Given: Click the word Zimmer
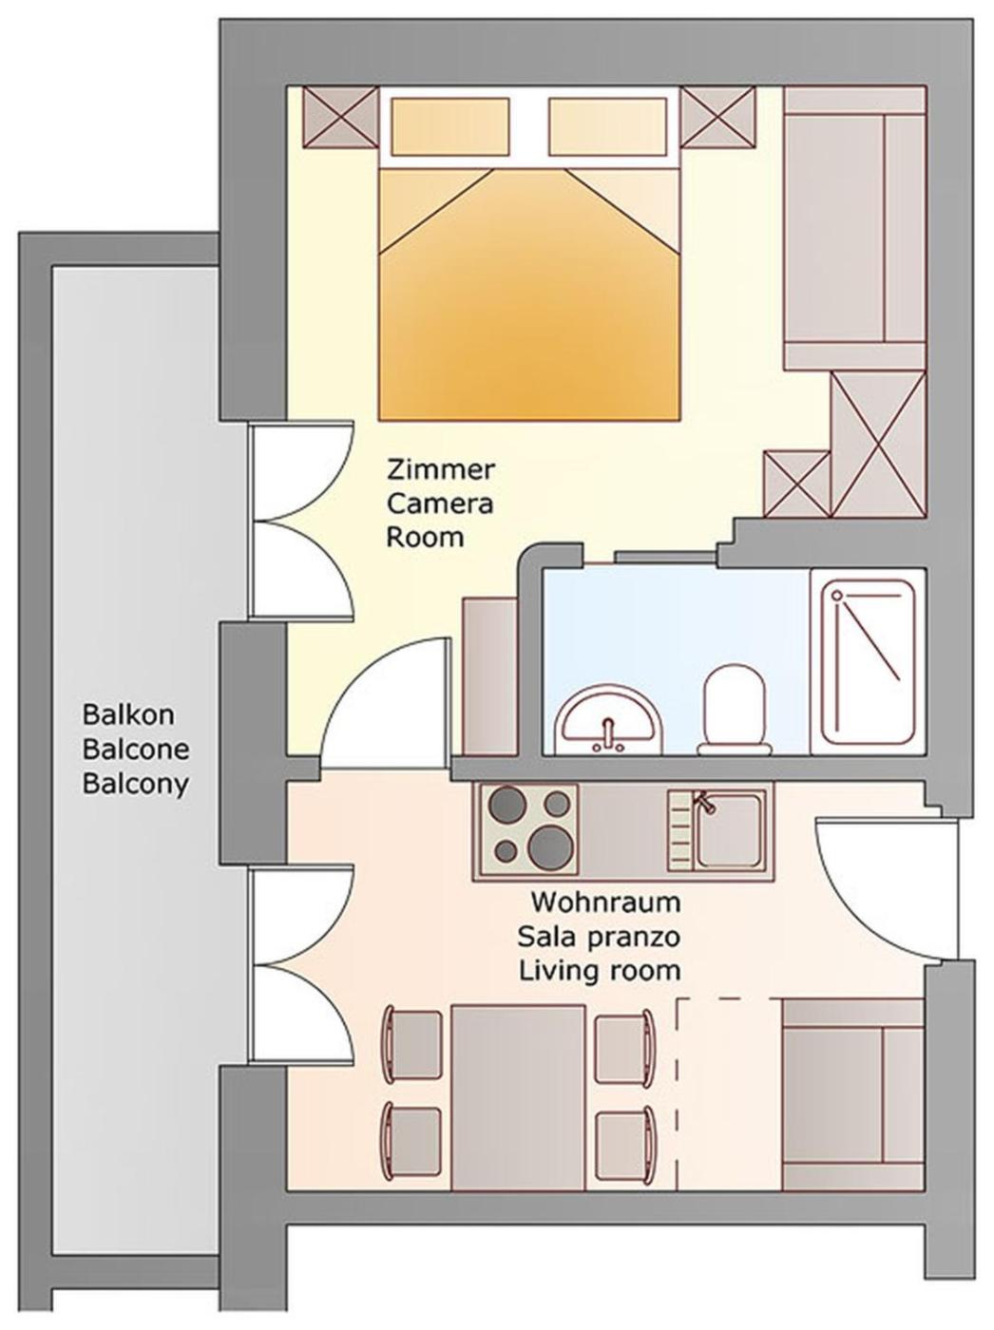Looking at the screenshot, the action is [x=441, y=470].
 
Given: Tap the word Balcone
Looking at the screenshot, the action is [x=136, y=750].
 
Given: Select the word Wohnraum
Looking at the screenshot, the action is [x=606, y=902].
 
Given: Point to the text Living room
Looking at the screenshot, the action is [x=600, y=971].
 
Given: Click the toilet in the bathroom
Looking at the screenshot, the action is [x=734, y=711].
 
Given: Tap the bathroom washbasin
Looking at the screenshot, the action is [x=610, y=720].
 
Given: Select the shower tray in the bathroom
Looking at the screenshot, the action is [x=868, y=661].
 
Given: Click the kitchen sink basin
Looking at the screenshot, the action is [x=727, y=829].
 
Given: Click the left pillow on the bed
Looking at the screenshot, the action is [x=449, y=126].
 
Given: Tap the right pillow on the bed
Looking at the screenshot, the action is [x=607, y=126].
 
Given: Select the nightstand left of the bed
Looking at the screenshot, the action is [x=341, y=117].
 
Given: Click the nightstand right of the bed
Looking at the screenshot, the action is [x=718, y=117].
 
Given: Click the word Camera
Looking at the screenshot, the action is [x=440, y=504].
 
